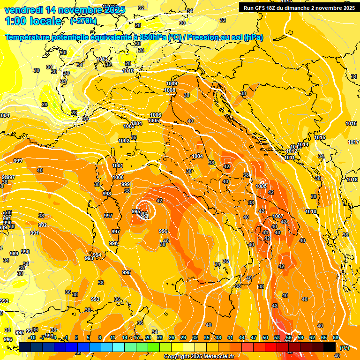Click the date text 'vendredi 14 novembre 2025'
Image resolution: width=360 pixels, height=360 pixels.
(x=65, y=10)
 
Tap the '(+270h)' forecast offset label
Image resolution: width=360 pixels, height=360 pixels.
(x=83, y=21)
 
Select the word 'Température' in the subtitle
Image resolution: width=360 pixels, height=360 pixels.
(x=29, y=37)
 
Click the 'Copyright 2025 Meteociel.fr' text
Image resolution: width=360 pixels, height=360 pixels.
(x=199, y=356)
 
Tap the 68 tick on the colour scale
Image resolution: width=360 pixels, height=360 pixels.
(x=336, y=337)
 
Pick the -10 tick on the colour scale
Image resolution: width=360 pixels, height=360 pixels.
(x=32, y=337)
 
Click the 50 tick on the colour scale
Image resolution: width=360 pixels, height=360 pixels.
(x=265, y=337)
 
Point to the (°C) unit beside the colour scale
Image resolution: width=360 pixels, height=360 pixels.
(x=344, y=348)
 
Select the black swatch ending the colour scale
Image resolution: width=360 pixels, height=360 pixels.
(x=330, y=347)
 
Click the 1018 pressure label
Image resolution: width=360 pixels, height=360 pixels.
(x=352, y=180)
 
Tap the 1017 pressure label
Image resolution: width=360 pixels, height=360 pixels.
(x=353, y=142)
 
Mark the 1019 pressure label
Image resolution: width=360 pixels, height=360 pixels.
(x=128, y=71)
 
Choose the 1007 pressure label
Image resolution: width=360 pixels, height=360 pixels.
(x=278, y=216)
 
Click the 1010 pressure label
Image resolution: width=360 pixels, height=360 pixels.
(x=311, y=211)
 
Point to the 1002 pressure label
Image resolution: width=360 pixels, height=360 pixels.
(x=124, y=141)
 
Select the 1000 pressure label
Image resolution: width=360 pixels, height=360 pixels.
(x=119, y=177)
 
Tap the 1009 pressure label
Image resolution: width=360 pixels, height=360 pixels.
(x=172, y=83)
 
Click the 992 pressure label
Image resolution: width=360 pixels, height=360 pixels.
(x=43, y=225)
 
